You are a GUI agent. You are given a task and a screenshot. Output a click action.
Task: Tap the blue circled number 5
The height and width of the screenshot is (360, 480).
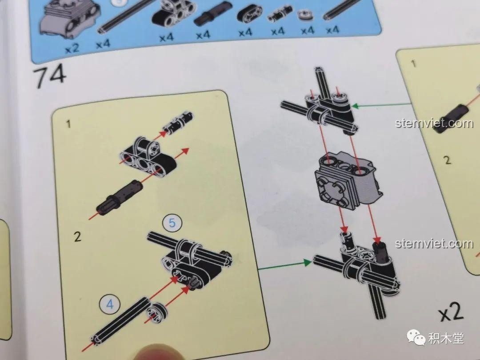click(x=172, y=223)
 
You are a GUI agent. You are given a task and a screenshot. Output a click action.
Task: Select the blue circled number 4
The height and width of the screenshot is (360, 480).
click(x=110, y=304)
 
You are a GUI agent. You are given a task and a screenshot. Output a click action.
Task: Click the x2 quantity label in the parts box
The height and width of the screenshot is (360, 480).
click(x=72, y=48)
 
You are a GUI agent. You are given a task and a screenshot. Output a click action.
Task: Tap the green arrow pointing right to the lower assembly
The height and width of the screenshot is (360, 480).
click(x=285, y=265)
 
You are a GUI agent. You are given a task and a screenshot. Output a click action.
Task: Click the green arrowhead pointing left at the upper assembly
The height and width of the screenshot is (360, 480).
click(x=355, y=106)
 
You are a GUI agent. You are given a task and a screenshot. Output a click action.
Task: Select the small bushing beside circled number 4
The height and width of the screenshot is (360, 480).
click(x=156, y=312)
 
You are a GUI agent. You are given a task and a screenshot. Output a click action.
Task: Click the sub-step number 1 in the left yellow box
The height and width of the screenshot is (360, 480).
click(x=68, y=124)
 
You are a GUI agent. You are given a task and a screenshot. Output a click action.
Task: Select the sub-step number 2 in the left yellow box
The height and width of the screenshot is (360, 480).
click(x=77, y=236)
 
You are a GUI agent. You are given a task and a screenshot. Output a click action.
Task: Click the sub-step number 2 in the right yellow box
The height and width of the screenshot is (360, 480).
click(x=448, y=160)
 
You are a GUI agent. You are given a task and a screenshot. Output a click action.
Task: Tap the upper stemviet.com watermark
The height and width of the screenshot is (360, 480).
click(x=434, y=123)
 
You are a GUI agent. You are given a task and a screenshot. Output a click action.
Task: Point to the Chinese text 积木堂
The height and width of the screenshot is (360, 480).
click(x=446, y=338)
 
